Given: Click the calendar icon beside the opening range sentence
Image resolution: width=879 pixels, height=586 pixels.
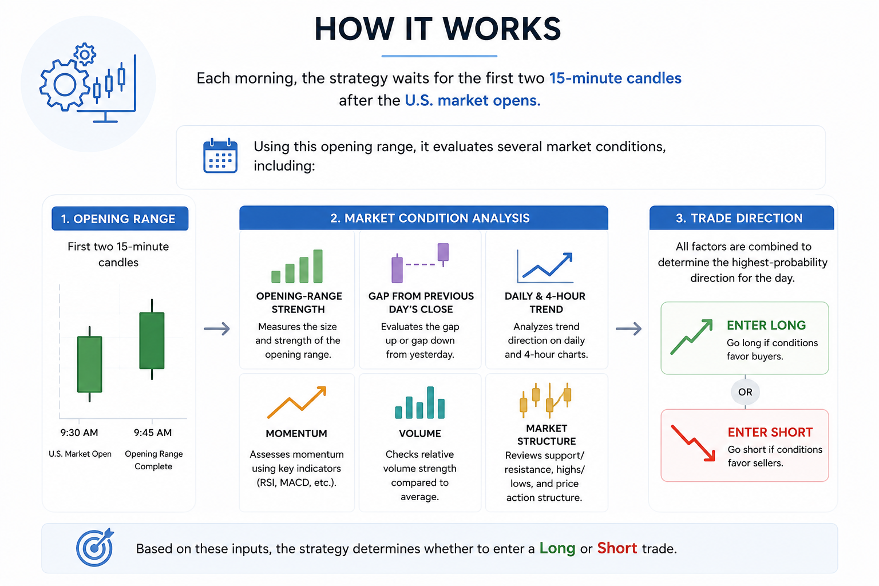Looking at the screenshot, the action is tap(220, 156).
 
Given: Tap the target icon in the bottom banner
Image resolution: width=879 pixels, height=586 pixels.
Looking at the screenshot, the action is tap(95, 547).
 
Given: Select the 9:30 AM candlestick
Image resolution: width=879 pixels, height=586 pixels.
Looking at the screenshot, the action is tap(89, 364).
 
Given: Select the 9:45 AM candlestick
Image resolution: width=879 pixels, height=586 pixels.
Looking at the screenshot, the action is tap(152, 339).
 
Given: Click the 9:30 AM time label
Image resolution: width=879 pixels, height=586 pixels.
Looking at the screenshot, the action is tap(79, 433).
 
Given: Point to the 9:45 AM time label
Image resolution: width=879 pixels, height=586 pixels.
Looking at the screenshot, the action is tap(153, 433).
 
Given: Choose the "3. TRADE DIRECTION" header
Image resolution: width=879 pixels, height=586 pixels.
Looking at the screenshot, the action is tap(741, 218).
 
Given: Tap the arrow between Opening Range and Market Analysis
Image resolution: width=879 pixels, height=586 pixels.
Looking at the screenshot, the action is tap(217, 328).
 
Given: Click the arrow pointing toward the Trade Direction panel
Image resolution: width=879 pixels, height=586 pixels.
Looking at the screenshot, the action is tap(629, 328).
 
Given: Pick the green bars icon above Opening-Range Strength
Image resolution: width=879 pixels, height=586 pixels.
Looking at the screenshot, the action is tap(297, 266).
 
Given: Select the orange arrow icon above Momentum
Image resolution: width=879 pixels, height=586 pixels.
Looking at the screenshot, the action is tap(296, 402).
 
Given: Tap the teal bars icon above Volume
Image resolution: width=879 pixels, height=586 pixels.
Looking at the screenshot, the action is tap(420, 402).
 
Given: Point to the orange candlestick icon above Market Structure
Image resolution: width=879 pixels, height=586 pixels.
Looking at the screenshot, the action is tap(545, 399).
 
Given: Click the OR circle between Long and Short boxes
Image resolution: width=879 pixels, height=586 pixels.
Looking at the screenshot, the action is tap(745, 391).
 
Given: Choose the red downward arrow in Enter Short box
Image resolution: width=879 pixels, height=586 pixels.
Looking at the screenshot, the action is tap(693, 443).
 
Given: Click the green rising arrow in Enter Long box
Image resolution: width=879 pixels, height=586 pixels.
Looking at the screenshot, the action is tap(691, 336).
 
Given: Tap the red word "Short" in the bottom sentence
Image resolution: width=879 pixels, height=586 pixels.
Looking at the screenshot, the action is tap(617, 548).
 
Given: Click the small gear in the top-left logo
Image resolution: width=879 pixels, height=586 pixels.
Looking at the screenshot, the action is tap(84, 54).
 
